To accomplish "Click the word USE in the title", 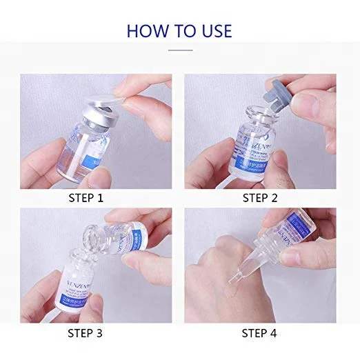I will [x=212, y=30].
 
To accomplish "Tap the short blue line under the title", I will [x=179, y=49].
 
